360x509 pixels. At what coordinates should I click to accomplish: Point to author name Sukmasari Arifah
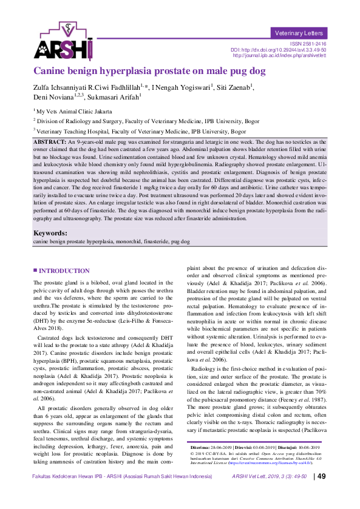[x=113, y=96]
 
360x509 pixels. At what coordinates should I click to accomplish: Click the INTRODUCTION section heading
[x=63, y=271]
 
